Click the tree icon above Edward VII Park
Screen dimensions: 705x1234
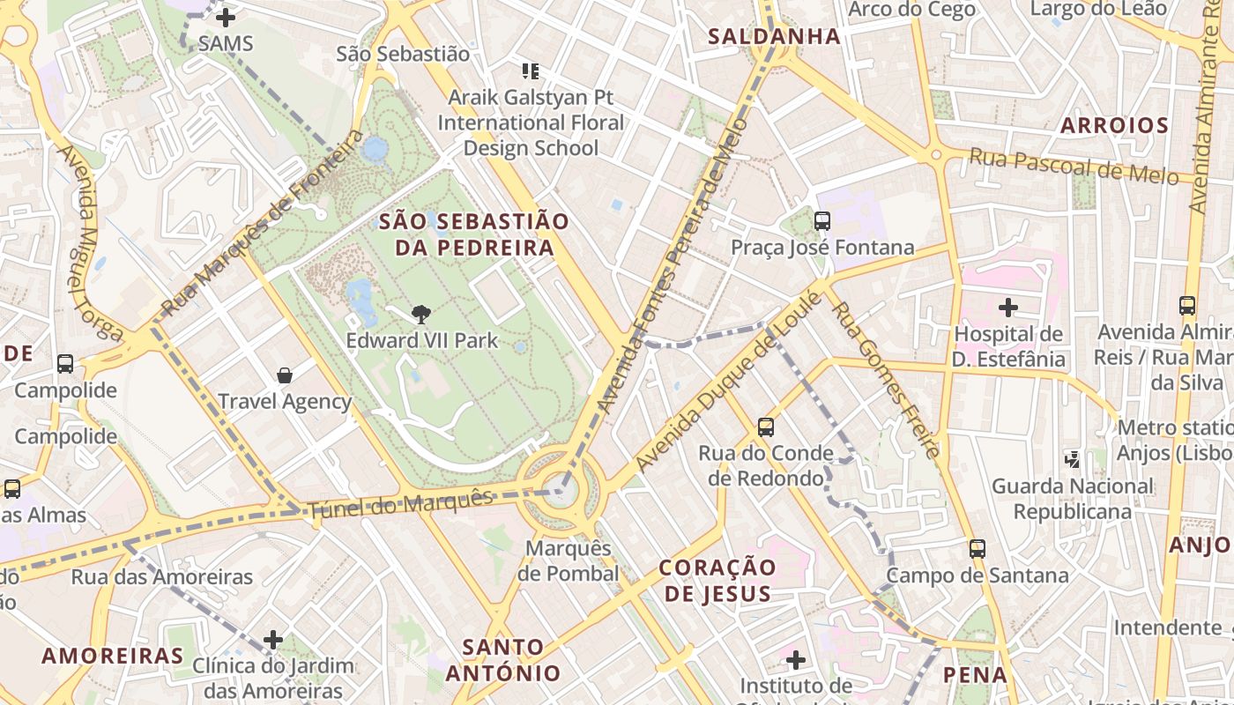(x=421, y=314)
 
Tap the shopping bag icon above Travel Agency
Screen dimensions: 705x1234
(x=285, y=375)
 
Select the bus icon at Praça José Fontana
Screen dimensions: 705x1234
(x=822, y=221)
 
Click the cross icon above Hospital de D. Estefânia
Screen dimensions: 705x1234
(x=1008, y=308)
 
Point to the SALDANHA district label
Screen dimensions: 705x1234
(x=775, y=36)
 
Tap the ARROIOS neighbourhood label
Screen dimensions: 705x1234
(x=1114, y=125)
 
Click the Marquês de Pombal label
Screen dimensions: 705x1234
(x=568, y=560)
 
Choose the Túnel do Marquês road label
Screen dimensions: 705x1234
(x=400, y=503)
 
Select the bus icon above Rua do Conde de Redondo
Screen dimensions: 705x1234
(x=766, y=427)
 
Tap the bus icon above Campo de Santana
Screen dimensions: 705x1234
(x=977, y=549)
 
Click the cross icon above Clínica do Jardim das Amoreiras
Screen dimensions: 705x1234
(x=273, y=639)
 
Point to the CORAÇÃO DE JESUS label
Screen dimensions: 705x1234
(x=717, y=580)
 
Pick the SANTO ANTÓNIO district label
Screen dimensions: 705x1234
(x=502, y=661)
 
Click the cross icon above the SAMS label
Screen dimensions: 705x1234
(x=226, y=17)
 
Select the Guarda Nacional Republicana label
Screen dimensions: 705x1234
(x=1072, y=499)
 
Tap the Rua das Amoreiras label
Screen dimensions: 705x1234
(x=162, y=577)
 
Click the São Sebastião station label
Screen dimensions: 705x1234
(x=403, y=54)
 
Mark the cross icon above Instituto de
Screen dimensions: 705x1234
(x=796, y=659)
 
